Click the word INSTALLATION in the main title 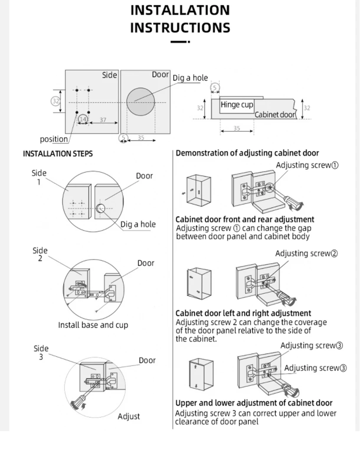coord(180,10)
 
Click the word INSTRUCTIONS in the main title coord(180,28)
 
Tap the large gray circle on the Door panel coord(141,101)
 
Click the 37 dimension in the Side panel coord(103,119)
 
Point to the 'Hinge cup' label coord(237,105)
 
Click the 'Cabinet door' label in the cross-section coord(275,115)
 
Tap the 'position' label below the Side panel coord(54,139)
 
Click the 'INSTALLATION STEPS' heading coord(58,154)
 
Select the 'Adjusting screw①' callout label coord(307,165)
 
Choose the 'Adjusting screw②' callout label coord(306,254)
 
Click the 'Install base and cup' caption coord(93,325)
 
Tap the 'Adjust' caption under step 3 coord(129,416)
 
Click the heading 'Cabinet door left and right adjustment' coord(243,313)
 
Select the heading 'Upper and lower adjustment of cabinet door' coord(254,403)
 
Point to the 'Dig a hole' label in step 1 coord(138,224)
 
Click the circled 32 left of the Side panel coord(56,101)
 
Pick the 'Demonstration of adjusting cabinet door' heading coord(247,153)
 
